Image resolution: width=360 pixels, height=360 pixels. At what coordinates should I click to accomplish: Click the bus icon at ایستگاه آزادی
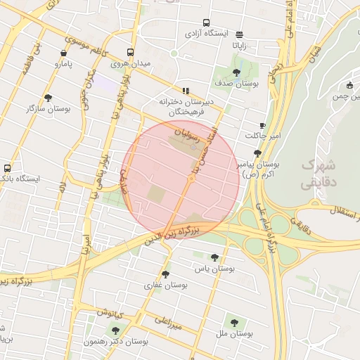(206, 22)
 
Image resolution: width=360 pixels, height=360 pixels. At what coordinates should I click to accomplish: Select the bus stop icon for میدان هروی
(130, 53)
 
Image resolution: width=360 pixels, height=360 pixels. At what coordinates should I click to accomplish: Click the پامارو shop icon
(64, 53)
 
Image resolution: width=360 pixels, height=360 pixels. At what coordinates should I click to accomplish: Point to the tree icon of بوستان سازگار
(48, 98)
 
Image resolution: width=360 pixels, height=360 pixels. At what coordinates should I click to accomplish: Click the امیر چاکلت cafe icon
(262, 125)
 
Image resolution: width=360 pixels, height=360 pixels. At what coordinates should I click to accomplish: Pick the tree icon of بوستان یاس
(214, 257)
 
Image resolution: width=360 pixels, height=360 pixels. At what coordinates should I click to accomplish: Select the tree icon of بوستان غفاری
(165, 274)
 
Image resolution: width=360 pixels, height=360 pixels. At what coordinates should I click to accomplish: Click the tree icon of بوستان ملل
(234, 323)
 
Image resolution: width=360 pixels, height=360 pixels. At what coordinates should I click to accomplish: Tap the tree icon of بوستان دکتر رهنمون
(115, 330)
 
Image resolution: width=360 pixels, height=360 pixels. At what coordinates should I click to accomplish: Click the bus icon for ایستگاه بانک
(7, 168)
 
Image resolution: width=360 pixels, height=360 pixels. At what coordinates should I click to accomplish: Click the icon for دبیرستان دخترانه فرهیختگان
(186, 91)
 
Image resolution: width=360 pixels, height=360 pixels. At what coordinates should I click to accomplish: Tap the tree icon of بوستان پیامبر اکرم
(257, 153)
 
